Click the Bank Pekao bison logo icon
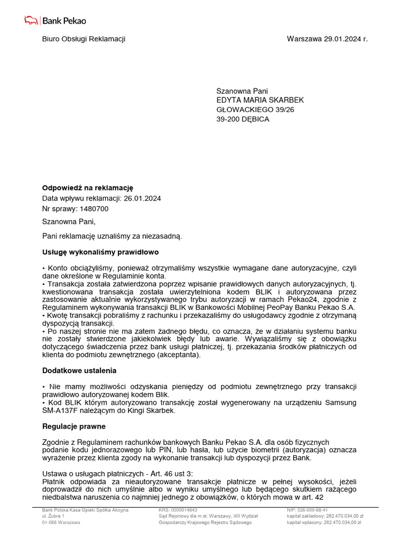point(31,20)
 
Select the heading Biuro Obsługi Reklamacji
point(84,39)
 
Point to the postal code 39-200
point(229,119)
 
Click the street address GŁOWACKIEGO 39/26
point(255,110)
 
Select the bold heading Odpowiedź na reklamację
point(88,188)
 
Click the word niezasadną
point(162,237)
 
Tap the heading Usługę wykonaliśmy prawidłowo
point(100,252)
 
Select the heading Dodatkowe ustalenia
point(79,371)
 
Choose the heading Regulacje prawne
point(74,427)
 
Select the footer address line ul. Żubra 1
point(53,516)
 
